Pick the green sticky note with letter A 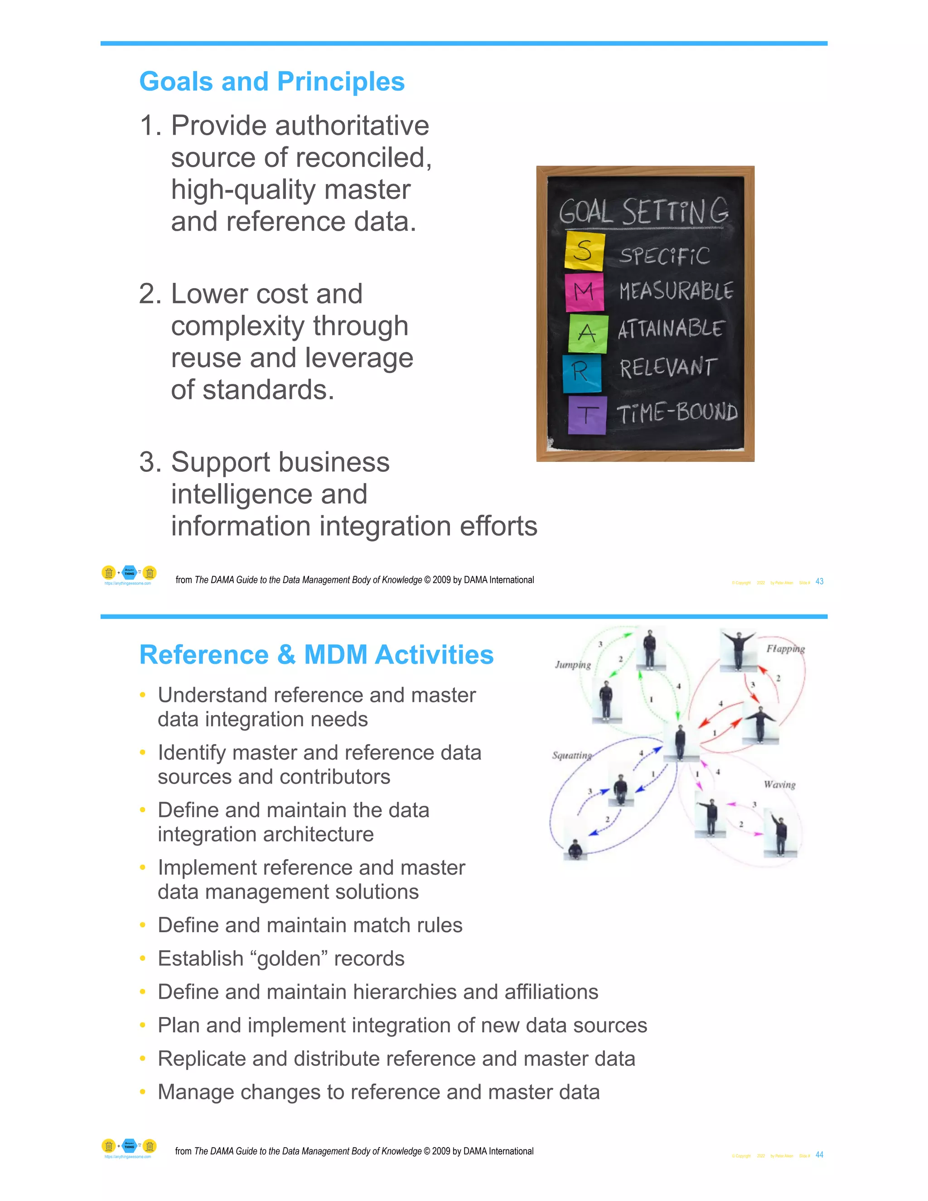tap(588, 333)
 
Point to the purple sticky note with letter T tap(587, 415)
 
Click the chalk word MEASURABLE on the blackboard tap(676, 291)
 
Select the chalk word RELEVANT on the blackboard tap(668, 368)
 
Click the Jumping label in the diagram tap(572, 665)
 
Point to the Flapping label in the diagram tap(785, 649)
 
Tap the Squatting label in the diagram tap(572, 755)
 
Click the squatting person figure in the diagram tap(575, 849)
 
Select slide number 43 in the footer tap(819, 581)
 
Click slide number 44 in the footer tap(819, 1155)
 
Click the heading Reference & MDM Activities tap(316, 654)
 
